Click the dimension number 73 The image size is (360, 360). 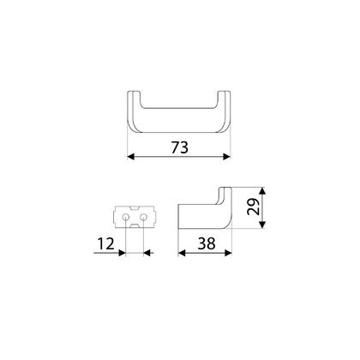click(180, 147)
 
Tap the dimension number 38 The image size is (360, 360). click(207, 243)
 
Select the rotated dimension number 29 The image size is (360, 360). click(254, 207)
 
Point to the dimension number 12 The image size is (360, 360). click(105, 243)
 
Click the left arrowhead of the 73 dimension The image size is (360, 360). click(131, 157)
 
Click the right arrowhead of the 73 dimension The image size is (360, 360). click(226, 157)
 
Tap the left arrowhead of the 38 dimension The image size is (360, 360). click(182, 253)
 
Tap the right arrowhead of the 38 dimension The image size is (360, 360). click(228, 253)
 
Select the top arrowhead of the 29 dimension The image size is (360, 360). click(262, 191)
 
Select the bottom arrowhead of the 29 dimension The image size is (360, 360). click(262, 225)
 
